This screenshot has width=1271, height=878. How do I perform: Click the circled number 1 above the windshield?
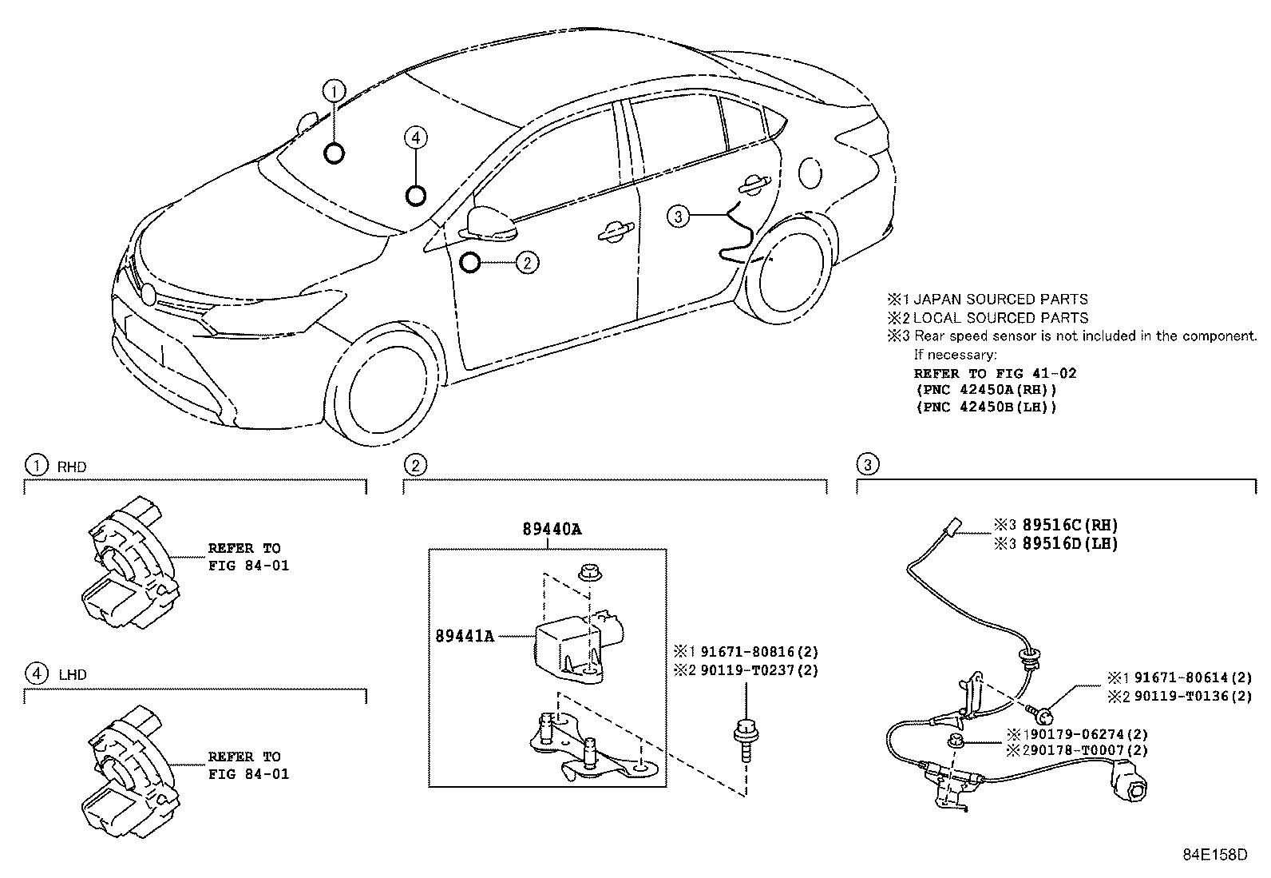(x=335, y=90)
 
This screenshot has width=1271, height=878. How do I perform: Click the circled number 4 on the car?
(x=415, y=138)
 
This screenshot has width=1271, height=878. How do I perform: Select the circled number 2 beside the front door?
(x=527, y=261)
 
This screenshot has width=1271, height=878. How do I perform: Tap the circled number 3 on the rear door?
(x=677, y=216)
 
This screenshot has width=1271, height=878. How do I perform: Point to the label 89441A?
(x=465, y=636)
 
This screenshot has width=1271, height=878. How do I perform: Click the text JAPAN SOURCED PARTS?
(x=1000, y=300)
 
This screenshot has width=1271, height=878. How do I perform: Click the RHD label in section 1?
(x=72, y=467)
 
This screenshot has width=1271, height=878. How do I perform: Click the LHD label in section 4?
(x=73, y=674)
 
